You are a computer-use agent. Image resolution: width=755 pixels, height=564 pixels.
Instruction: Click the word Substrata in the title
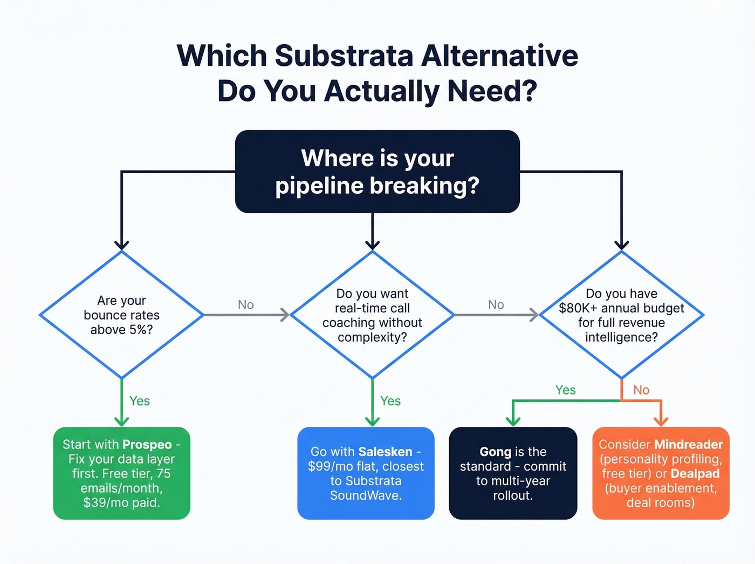(x=344, y=56)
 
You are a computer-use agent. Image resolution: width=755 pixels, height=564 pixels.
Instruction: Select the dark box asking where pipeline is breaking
(x=377, y=172)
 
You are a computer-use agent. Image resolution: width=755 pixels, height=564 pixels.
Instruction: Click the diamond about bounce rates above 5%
(x=121, y=315)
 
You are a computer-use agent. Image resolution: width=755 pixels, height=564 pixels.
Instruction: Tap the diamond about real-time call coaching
(x=372, y=315)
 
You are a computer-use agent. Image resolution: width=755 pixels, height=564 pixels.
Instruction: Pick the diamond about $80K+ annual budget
(x=621, y=315)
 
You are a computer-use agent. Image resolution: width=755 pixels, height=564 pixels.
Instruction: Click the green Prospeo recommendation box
(x=121, y=473)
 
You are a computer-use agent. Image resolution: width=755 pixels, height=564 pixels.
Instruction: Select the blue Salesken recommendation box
(x=366, y=473)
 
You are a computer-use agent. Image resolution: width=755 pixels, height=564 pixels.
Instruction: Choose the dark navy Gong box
(x=513, y=473)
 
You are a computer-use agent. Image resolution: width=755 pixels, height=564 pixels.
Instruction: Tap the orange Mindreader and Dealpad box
(x=661, y=473)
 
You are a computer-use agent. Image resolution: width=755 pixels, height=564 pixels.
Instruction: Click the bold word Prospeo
(x=147, y=444)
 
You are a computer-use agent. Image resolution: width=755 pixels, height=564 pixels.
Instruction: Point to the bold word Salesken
(x=385, y=452)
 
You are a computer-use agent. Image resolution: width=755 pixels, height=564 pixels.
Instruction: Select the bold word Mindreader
(x=688, y=444)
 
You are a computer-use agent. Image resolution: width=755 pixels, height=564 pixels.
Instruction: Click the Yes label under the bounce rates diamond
(x=140, y=401)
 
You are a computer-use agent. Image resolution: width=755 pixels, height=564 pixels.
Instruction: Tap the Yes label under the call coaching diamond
(x=390, y=401)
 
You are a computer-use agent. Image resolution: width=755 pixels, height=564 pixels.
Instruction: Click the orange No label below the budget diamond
(x=641, y=390)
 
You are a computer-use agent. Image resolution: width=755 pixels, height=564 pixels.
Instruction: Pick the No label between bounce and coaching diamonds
(x=246, y=305)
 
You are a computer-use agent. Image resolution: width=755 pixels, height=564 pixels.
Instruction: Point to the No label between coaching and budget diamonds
(x=496, y=305)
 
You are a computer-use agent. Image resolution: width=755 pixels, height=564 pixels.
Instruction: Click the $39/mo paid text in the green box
(x=121, y=502)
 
